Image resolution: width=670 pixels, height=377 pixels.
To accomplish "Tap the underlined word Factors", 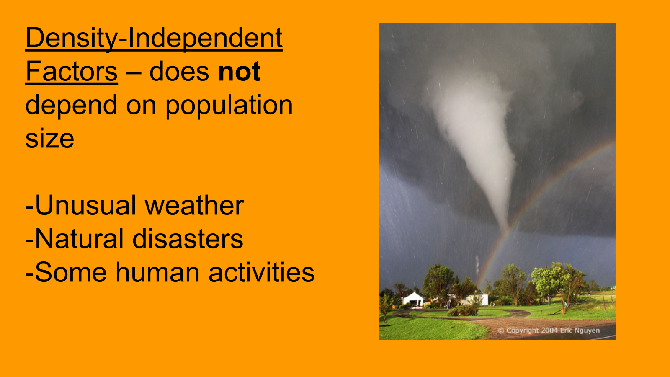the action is [72, 71].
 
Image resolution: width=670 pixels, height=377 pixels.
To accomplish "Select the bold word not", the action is [239, 71].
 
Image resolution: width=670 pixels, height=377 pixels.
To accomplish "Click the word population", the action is [229, 105].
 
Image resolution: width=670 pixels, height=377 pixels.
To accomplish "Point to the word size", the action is [50, 139].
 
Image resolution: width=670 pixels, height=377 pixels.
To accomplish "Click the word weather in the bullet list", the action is [194, 205].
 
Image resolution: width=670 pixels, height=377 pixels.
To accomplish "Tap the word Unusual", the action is [85, 205].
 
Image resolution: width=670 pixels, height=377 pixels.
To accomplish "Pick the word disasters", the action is [188, 239].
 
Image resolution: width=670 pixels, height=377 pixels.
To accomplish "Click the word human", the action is [157, 272].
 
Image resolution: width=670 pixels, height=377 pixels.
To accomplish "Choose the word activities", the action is [261, 272].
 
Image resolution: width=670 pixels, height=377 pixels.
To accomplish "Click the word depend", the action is [71, 105].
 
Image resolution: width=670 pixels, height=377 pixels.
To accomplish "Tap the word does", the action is [179, 71].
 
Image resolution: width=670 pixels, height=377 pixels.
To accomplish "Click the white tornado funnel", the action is [479, 144].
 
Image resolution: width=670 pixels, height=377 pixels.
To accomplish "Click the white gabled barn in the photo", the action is [413, 299].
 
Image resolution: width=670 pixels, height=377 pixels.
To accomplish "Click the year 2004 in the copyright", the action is [549, 331].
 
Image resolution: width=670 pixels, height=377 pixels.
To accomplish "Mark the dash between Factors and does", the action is [134, 72].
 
